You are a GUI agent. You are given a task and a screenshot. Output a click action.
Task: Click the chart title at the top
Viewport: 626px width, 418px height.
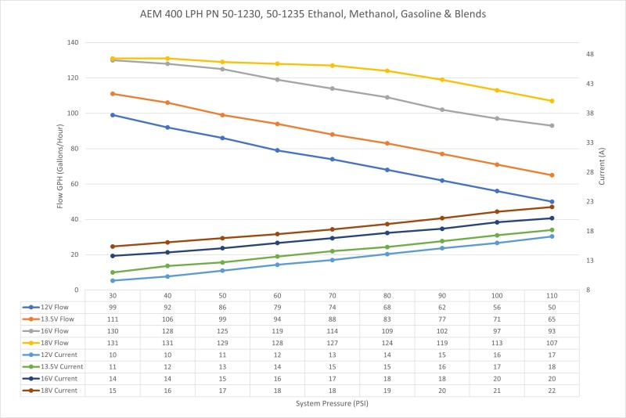tap(313, 15)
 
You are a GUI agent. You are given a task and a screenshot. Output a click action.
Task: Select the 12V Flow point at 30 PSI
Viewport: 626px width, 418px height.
tap(113, 115)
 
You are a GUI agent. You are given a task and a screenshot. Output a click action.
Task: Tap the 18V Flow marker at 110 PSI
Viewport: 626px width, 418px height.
tap(552, 101)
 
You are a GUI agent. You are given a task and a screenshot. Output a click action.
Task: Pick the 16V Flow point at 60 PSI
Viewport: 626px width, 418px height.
tap(278, 80)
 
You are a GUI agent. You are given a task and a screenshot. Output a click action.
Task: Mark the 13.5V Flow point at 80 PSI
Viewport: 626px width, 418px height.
tap(387, 143)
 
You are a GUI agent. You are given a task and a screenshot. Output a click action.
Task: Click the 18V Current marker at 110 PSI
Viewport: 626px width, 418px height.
tap(552, 207)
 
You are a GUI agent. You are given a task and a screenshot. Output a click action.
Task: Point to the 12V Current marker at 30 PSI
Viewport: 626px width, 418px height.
tap(113, 280)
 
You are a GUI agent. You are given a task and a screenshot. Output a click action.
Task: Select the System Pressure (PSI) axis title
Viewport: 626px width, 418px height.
tap(313, 404)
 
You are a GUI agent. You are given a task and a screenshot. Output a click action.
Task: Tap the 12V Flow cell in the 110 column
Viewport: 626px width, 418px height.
tap(552, 308)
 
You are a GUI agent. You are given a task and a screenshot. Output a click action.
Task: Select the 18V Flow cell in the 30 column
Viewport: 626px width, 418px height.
tap(113, 344)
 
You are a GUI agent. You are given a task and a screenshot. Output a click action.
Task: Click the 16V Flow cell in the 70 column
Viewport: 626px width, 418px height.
tap(333, 332)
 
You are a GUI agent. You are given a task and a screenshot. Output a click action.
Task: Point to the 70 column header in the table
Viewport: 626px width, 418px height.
tap(333, 295)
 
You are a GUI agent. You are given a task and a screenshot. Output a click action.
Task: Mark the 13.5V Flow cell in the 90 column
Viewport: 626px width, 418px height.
tap(442, 319)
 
